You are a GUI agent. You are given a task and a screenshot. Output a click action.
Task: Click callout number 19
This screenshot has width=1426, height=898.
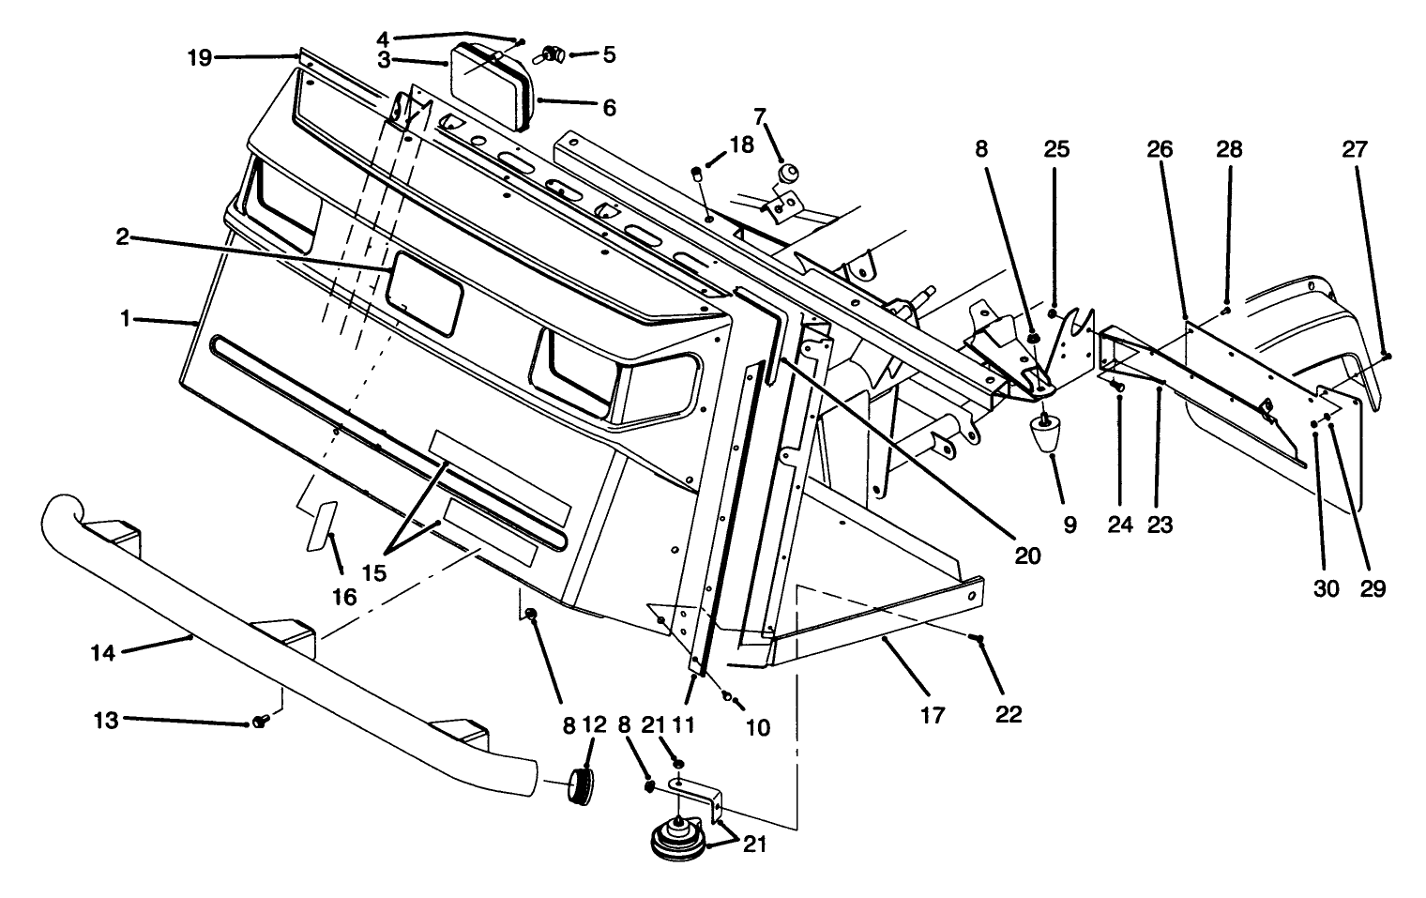[199, 57]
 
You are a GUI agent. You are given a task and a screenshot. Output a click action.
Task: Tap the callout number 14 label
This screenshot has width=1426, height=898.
[103, 652]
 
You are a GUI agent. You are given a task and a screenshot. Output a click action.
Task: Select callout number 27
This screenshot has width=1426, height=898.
[1355, 149]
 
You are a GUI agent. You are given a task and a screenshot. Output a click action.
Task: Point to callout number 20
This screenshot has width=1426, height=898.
[1027, 555]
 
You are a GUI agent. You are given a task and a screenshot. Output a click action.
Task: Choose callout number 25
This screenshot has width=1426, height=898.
[1057, 149]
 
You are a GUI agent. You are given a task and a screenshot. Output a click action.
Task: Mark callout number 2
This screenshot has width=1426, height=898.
[122, 237]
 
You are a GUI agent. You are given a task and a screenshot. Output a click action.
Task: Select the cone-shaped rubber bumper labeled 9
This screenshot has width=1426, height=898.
[1046, 434]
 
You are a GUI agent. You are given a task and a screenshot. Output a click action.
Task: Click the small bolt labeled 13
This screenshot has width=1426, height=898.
[260, 722]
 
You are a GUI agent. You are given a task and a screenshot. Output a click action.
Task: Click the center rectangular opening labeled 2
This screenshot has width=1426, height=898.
[425, 292]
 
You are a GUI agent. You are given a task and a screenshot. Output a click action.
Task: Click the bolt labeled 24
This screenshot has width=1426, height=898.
[1116, 385]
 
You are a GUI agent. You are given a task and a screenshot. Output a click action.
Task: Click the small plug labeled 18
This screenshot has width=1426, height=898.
[697, 173]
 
